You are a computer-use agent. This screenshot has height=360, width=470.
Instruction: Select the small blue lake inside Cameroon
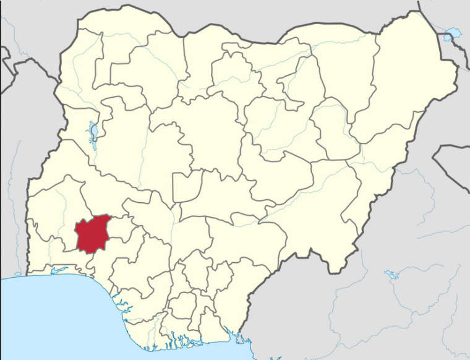click(391, 274)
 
